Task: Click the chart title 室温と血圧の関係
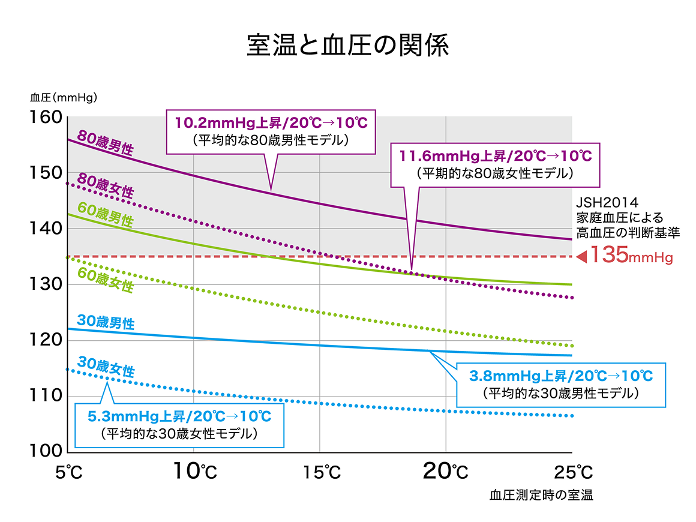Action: click(x=347, y=46)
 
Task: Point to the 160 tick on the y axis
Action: click(x=46, y=117)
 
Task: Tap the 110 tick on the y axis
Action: click(x=46, y=395)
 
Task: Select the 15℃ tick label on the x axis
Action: click(x=320, y=472)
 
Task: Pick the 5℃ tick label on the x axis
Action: click(x=68, y=472)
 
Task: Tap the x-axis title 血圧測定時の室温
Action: click(x=541, y=496)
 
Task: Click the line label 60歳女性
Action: click(x=106, y=279)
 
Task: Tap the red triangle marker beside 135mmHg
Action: click(x=581, y=257)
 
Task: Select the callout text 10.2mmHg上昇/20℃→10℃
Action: click(x=271, y=123)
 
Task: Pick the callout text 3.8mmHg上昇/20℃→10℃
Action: click(x=560, y=376)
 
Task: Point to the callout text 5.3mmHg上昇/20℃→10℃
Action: click(x=179, y=415)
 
